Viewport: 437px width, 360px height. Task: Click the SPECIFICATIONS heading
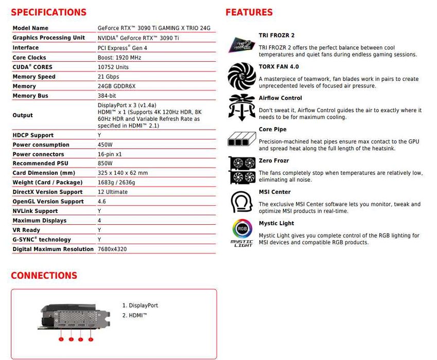[49, 12]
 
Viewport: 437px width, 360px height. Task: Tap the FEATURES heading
[249, 12]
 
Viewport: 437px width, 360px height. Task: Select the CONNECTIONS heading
[44, 276]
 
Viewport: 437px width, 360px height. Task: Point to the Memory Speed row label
[34, 77]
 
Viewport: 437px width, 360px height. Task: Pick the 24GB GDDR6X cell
[117, 86]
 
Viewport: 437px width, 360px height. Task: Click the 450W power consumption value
[105, 145]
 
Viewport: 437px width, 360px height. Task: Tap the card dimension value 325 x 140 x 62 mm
[123, 173]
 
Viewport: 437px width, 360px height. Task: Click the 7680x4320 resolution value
[112, 249]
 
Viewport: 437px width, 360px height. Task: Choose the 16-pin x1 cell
[110, 154]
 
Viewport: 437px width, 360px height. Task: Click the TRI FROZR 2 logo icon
[241, 45]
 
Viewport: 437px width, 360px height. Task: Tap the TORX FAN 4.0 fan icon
[241, 76]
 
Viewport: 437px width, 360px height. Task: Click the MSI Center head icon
[241, 202]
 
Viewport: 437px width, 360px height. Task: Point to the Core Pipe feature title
[272, 130]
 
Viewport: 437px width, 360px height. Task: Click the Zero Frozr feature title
[274, 161]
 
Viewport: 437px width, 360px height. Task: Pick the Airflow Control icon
[241, 107]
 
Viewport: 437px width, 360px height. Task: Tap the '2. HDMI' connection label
[135, 315]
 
